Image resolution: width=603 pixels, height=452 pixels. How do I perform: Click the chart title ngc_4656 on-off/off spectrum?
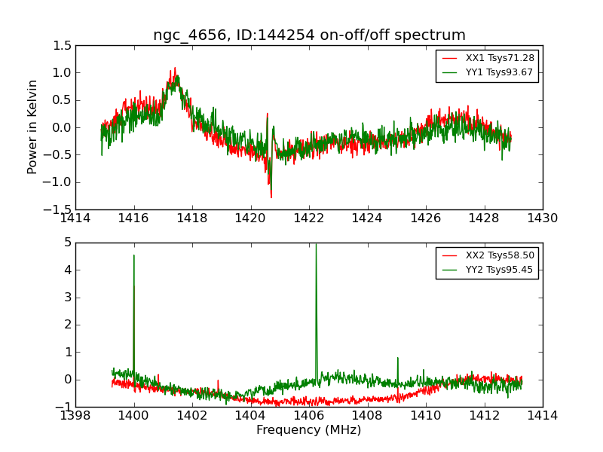click(x=309, y=35)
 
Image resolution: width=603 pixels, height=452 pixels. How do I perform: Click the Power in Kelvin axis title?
click(x=32, y=127)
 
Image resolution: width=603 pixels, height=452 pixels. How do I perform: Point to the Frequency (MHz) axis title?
click(x=309, y=430)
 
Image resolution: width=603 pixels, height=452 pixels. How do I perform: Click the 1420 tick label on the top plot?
click(x=250, y=218)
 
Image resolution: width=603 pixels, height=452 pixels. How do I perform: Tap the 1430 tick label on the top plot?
click(x=543, y=218)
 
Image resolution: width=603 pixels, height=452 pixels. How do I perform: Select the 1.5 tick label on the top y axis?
click(x=63, y=46)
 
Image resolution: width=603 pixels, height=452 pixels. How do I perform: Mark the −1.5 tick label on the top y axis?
click(x=60, y=209)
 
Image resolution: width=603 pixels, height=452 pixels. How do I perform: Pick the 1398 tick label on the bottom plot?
click(x=75, y=416)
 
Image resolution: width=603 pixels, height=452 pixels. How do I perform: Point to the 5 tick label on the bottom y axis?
click(x=68, y=243)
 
